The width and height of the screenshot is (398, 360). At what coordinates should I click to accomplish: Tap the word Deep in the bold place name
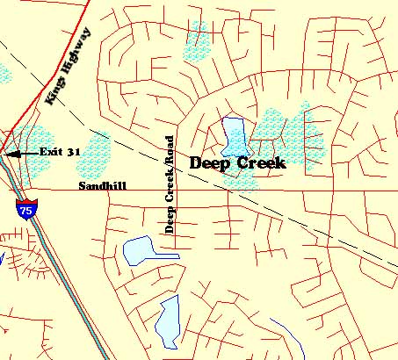coord(210,162)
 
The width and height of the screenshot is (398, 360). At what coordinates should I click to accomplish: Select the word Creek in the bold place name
coord(260,162)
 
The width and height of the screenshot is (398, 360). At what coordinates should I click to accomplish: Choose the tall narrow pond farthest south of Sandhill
coord(167,320)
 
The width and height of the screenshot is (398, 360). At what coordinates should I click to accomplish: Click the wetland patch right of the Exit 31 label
coord(99,150)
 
